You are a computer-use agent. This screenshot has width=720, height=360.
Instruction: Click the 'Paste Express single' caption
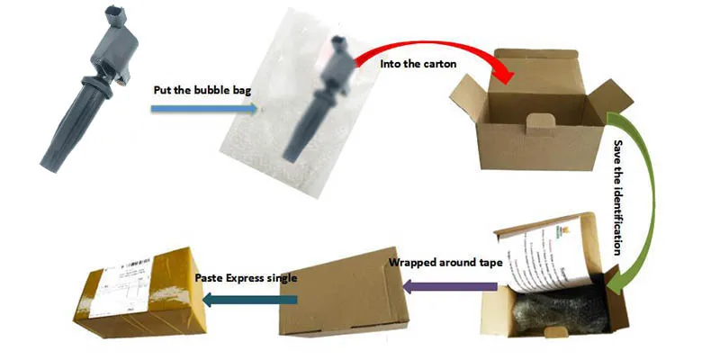246,278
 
